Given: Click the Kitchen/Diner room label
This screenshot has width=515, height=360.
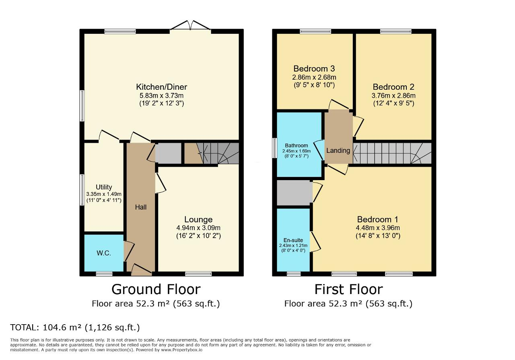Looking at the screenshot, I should (x=161, y=87).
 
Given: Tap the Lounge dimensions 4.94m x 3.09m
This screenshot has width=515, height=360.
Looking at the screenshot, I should (x=198, y=228).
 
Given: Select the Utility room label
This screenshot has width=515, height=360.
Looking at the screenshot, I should (x=104, y=187).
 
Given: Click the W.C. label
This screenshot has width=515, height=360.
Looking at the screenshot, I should (x=103, y=253).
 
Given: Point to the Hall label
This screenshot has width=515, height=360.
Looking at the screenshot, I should (x=140, y=207).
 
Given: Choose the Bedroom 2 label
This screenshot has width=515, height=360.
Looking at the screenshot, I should (x=393, y=87).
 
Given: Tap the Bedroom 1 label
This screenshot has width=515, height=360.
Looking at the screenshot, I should (x=377, y=219).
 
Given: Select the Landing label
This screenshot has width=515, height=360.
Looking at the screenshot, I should (x=338, y=150).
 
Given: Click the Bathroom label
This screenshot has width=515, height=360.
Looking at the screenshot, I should (x=297, y=146).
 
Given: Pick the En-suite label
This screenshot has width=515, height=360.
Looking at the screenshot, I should (x=293, y=240).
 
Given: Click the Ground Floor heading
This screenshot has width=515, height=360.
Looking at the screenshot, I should (x=156, y=289).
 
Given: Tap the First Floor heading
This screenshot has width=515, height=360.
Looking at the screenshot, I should (x=348, y=289).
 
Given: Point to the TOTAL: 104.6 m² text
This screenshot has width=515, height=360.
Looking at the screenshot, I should (x=75, y=327).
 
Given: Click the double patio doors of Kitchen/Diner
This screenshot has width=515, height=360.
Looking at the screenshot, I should (x=190, y=27).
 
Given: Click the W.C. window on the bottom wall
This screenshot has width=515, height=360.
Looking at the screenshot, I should (x=104, y=274).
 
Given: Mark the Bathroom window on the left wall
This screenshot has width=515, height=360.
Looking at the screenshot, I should (x=274, y=149).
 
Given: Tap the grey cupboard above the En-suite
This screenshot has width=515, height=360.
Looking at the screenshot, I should (x=294, y=193).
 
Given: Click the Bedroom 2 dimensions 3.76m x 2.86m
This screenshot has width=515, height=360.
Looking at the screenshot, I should (x=393, y=96).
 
